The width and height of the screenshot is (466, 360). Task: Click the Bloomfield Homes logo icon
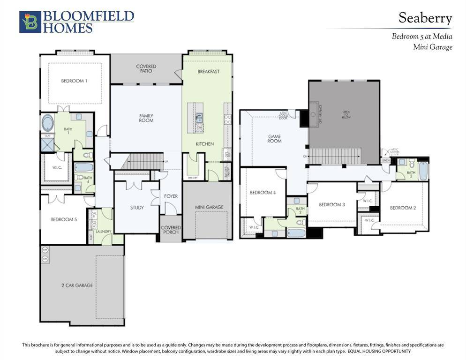[x=30, y=22]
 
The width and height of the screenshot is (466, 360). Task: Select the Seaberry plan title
[x=425, y=18]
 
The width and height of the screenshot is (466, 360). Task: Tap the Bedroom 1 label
[x=74, y=81]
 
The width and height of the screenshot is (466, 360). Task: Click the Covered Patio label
[x=146, y=69]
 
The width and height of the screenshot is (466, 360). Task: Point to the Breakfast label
[x=208, y=72]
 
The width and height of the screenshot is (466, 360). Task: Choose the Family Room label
[x=146, y=118]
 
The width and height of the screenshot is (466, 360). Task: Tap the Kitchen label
[x=204, y=144]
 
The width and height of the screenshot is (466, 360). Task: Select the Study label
[x=137, y=207]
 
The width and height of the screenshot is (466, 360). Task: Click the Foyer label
[x=171, y=196]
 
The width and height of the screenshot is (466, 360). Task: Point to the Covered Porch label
[x=171, y=230]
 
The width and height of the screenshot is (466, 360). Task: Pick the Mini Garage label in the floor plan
[x=209, y=207]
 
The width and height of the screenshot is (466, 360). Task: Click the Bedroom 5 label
[x=64, y=219]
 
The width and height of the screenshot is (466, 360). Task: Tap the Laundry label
[x=103, y=231]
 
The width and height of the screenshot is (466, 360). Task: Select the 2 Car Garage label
[x=77, y=285]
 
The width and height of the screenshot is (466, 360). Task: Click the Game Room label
[x=274, y=139]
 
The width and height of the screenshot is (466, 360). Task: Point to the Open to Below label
[x=346, y=115]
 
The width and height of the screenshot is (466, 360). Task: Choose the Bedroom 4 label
[x=263, y=193]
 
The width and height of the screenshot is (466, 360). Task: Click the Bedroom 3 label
[x=332, y=204]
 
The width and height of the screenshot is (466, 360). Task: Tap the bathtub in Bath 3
[x=423, y=172]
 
